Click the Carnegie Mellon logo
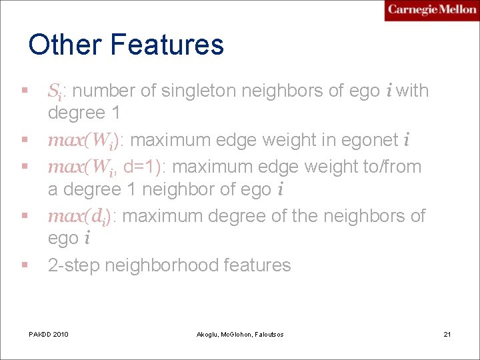pyautogui.click(x=431, y=10)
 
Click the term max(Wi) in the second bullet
pyautogui.click(x=86, y=141)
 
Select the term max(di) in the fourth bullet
pyautogui.click(x=83, y=216)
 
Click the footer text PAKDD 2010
pyautogui.click(x=49, y=333)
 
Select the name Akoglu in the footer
pyautogui.click(x=209, y=334)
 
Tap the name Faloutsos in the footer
pyautogui.click(x=267, y=334)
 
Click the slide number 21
pyautogui.click(x=447, y=333)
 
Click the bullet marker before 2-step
pyautogui.click(x=25, y=265)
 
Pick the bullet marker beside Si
pyautogui.click(x=25, y=90)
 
